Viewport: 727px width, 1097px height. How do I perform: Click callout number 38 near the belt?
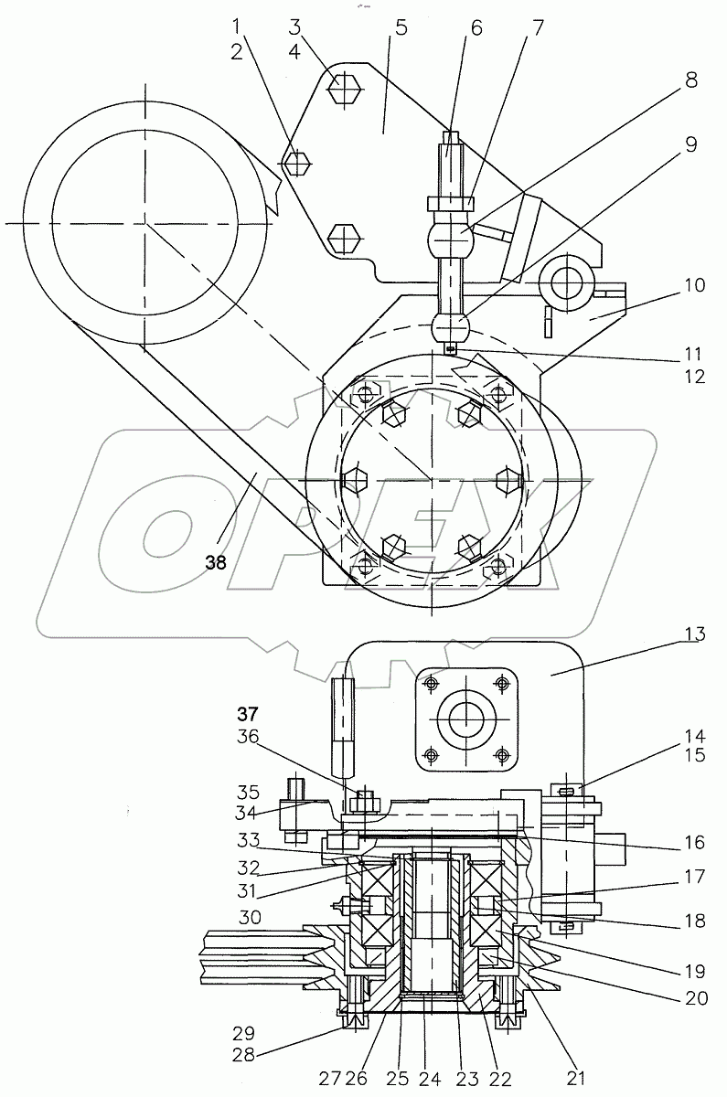tap(216, 562)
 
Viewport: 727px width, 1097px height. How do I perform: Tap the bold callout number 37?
tap(248, 715)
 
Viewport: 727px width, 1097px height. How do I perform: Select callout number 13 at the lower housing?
tap(695, 634)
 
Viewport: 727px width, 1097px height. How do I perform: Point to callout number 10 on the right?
tap(694, 285)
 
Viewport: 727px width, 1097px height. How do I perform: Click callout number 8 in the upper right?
tap(690, 80)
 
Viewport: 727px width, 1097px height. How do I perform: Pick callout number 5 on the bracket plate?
tap(401, 28)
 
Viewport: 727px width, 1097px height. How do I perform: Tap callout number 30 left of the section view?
tap(251, 917)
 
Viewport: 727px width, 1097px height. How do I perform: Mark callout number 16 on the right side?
tap(694, 842)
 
